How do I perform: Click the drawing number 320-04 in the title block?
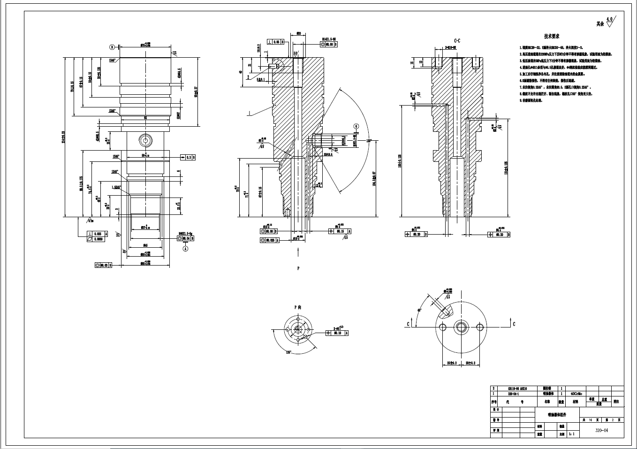602,430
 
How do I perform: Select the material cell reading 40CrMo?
576,394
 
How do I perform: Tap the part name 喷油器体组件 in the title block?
557,415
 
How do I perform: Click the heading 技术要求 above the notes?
551,36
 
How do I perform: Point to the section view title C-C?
457,41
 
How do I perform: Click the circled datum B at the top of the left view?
112,47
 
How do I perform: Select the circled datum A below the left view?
185,249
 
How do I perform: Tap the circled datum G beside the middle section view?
356,126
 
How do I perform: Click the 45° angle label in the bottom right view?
419,310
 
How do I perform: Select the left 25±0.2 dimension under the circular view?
451,363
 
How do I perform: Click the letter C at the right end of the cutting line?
514,324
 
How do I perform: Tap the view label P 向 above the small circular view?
297,307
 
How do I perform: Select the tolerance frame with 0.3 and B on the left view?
188,157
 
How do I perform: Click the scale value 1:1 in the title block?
571,434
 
